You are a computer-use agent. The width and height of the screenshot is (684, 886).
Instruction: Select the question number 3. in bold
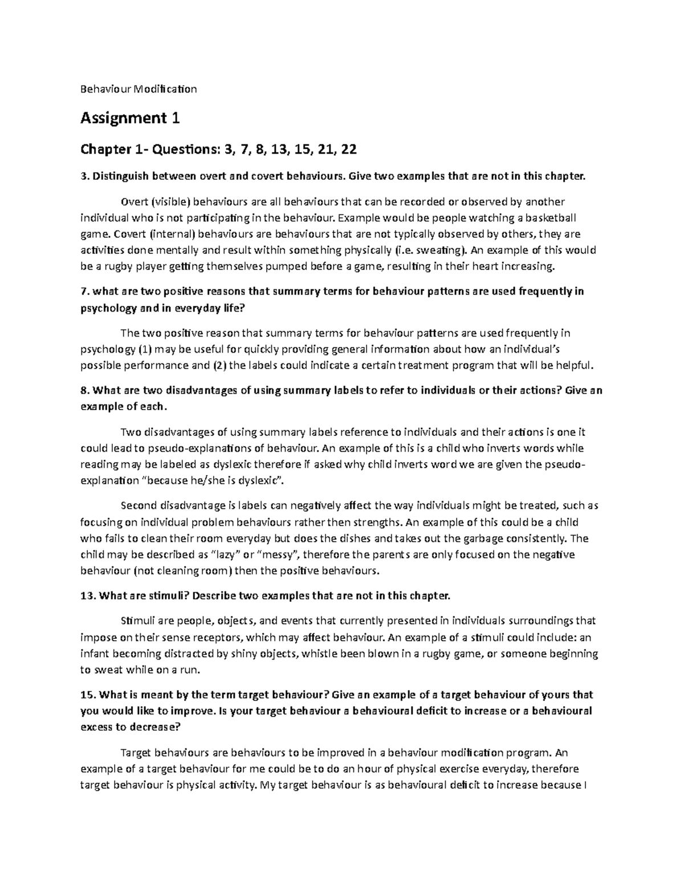coord(85,176)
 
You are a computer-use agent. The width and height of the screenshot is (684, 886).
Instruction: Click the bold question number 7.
coord(85,292)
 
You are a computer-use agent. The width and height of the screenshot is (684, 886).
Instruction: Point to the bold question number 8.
coord(85,391)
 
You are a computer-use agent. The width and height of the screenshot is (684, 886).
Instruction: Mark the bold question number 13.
coord(88,596)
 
